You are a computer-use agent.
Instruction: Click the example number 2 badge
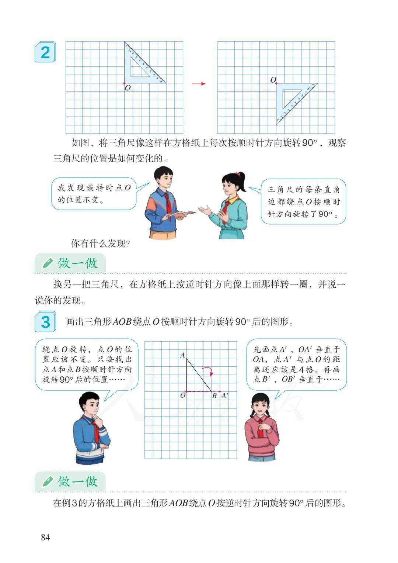45,52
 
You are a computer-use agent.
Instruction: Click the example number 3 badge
45,321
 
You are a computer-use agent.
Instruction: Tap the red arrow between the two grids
199,84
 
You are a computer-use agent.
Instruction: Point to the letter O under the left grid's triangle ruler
128,88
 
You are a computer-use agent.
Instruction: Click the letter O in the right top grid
273,80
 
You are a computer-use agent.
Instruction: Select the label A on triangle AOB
182,355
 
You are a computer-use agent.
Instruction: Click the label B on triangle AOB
214,396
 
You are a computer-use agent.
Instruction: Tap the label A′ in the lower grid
224,396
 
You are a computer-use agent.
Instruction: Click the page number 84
45,538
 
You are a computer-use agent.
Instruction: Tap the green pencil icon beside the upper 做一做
48,263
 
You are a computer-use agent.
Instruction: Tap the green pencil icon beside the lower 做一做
48,481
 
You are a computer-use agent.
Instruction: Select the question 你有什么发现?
101,243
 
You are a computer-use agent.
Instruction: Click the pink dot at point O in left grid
124,83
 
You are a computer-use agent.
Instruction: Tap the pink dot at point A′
220,391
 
